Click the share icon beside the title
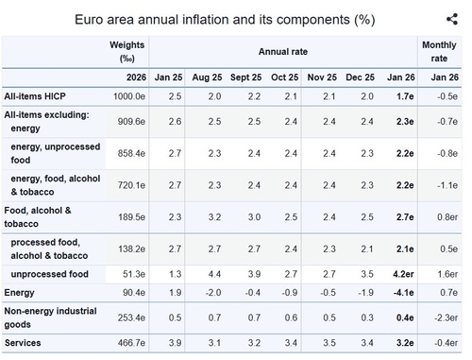(452, 19)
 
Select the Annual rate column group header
(283, 52)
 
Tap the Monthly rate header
(439, 52)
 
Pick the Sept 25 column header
(245, 77)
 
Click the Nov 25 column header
(322, 77)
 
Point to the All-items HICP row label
(35, 96)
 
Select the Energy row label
(19, 293)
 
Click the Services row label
(23, 343)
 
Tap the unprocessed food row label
(49, 274)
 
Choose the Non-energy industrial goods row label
(50, 317)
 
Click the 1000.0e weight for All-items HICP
(129, 96)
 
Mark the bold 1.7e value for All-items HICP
(405, 96)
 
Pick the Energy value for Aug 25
(213, 293)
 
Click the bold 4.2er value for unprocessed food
(403, 274)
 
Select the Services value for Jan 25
(175, 343)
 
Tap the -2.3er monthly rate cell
(447, 317)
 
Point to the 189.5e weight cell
(131, 217)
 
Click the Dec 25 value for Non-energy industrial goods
(367, 317)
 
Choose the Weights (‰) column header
(127, 52)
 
